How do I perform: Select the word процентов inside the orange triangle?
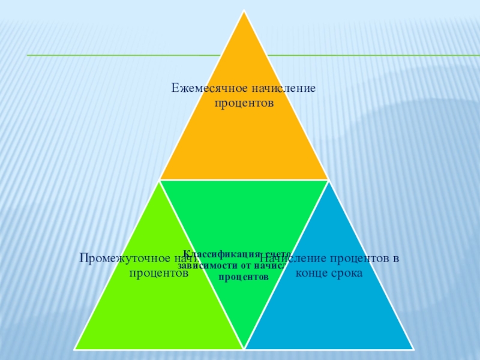(x=244, y=103)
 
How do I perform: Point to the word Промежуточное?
(x=117, y=259)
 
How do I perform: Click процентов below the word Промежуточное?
(x=159, y=273)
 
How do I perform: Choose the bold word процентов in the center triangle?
(x=244, y=277)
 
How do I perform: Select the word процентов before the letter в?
(x=355, y=259)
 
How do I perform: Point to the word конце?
(x=312, y=273)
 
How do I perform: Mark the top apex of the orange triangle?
(x=244, y=11)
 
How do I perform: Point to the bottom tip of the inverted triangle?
(x=244, y=348)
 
